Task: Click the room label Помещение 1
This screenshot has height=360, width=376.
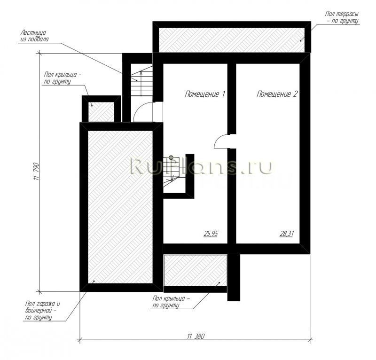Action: (205, 94)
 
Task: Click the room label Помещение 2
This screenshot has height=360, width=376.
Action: (277, 94)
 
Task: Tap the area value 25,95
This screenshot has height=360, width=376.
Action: (211, 234)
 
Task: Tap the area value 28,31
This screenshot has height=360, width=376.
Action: (287, 234)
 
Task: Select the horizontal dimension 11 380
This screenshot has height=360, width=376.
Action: (196, 337)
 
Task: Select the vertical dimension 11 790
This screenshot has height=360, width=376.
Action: (37, 172)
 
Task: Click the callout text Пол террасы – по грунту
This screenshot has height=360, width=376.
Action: (342, 17)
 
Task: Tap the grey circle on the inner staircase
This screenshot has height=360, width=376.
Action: (171, 157)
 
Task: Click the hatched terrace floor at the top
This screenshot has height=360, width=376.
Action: (232, 39)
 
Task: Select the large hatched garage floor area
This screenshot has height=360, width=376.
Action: (120, 207)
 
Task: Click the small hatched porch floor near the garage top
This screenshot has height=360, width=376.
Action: (101, 112)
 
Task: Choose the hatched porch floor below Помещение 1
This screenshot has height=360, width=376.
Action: (196, 271)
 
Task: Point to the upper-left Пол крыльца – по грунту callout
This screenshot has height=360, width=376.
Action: (63, 78)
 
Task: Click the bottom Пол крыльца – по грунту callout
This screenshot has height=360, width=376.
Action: (171, 302)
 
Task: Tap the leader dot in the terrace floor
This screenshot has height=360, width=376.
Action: (300, 41)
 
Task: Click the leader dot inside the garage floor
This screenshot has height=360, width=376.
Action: (94, 281)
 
